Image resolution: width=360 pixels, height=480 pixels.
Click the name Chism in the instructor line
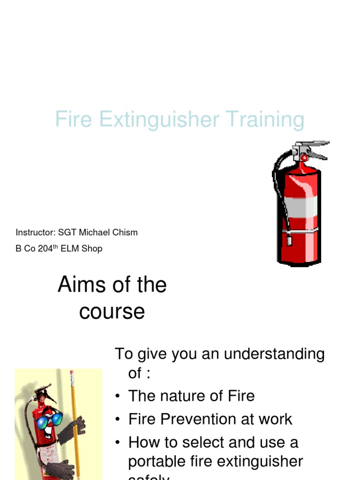coord(125,232)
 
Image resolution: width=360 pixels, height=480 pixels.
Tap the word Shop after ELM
coord(92,249)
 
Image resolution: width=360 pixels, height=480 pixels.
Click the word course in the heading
coord(112,312)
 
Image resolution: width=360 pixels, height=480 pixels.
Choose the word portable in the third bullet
coord(158,462)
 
